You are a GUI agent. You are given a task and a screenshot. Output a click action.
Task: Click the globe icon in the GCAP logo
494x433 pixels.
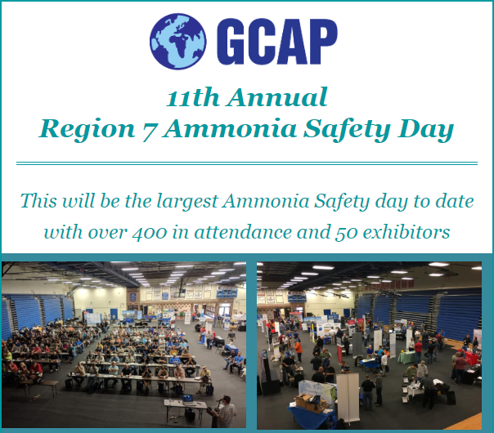click(178, 41)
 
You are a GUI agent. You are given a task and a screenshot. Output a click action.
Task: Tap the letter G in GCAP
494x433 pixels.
click(230, 42)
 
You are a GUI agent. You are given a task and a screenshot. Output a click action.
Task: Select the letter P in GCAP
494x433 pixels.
click(322, 42)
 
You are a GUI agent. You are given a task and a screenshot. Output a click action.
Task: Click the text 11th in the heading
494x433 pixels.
click(192, 97)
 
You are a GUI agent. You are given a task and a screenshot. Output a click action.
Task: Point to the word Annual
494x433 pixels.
click(278, 97)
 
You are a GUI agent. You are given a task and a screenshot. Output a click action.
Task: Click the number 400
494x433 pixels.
click(150, 233)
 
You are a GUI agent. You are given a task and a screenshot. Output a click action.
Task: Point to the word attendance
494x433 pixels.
click(243, 232)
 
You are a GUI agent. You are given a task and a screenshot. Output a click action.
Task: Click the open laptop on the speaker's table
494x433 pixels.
click(187, 399)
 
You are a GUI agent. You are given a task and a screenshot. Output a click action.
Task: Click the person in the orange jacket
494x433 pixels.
click(298, 350)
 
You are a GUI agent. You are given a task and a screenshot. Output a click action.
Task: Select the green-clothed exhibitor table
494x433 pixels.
click(406, 357)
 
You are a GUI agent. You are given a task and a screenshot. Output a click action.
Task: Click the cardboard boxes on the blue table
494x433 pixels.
click(310, 402)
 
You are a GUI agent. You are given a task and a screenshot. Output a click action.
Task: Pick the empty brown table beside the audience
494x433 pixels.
click(47, 386)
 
